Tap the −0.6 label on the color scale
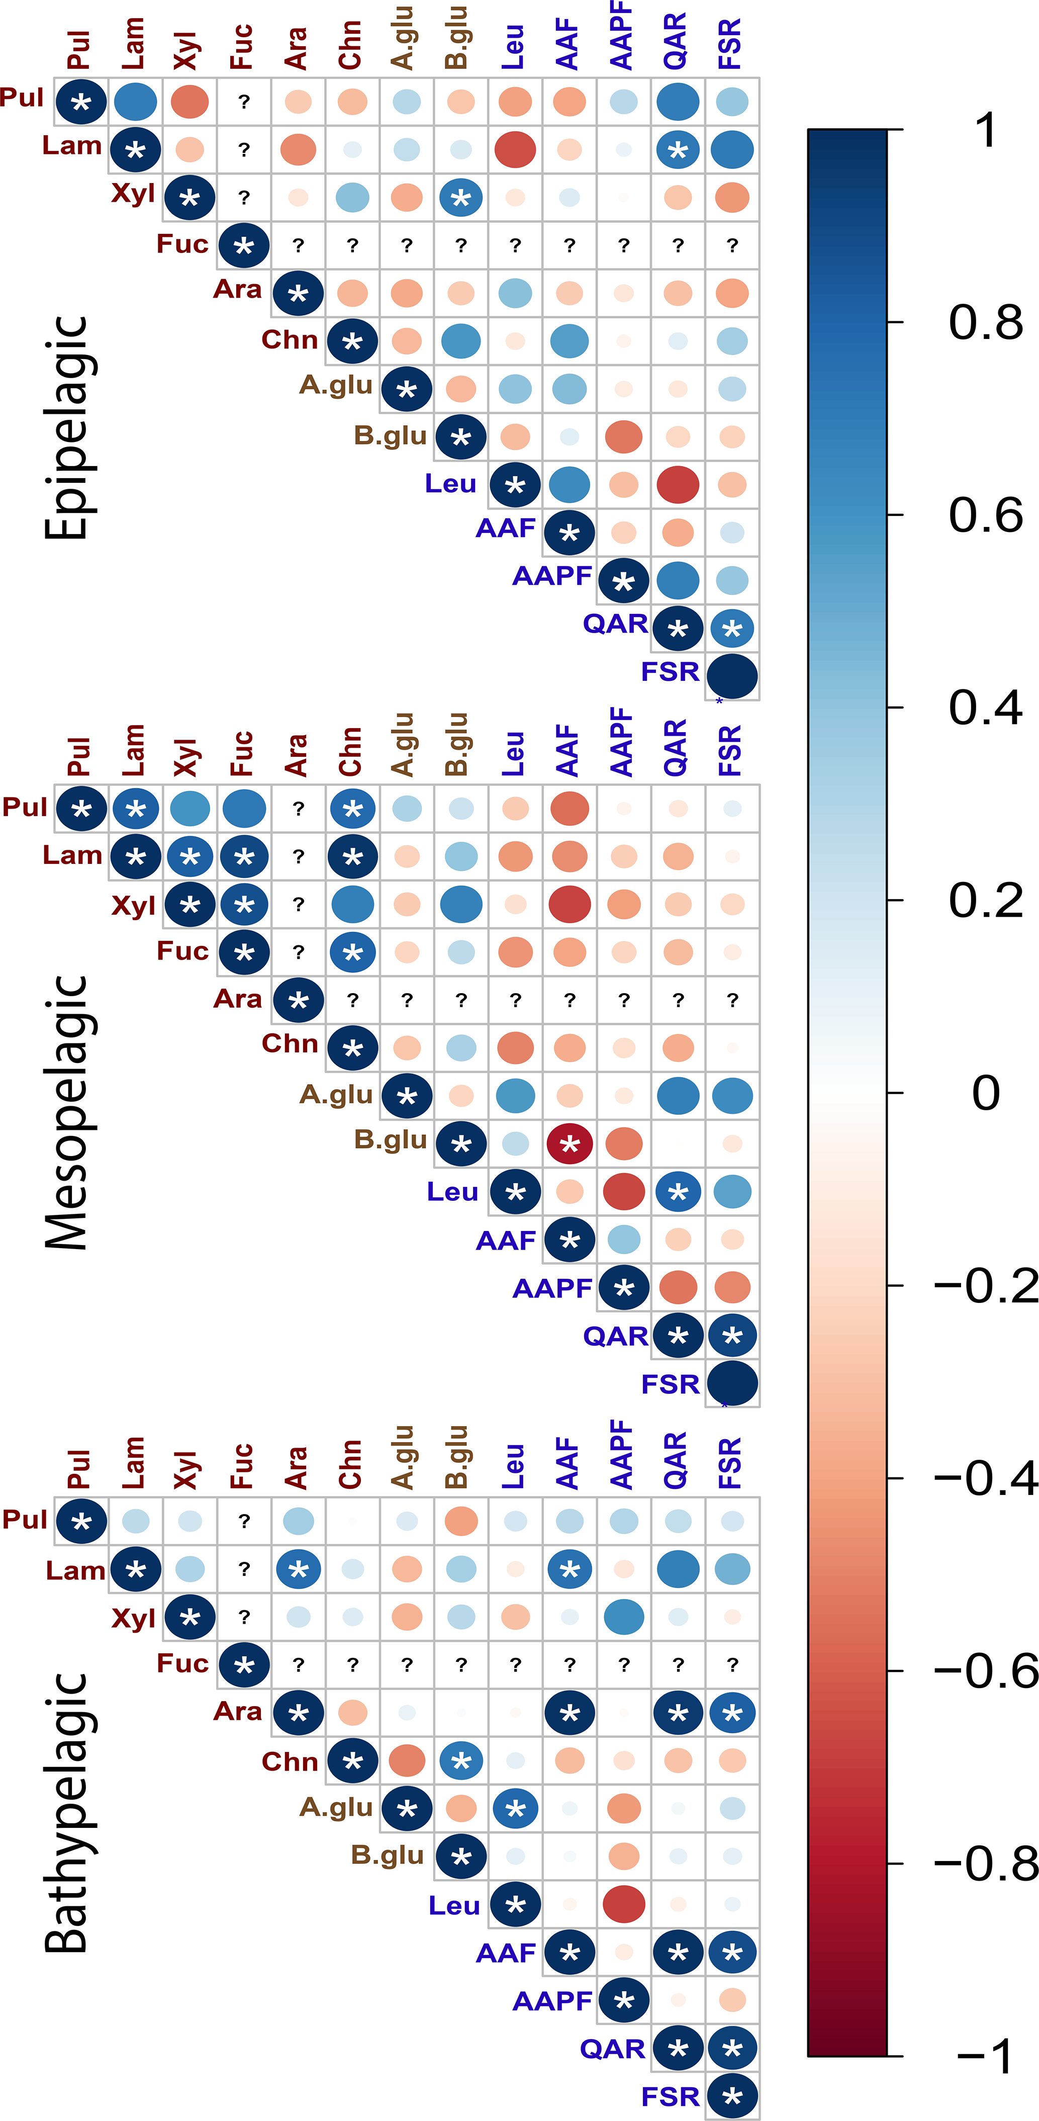pos(986,1670)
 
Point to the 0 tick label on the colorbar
pos(986,1093)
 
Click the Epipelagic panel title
pos(66,428)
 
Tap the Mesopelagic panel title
pos(66,1112)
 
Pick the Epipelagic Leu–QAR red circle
pos(678,484)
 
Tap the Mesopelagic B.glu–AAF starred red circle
pos(570,1143)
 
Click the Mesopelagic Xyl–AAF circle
pos(570,904)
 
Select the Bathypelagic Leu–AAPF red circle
pos(623,1904)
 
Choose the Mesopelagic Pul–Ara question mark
pos(298,809)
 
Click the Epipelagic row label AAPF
pos(551,576)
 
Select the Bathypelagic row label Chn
pos(290,1761)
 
